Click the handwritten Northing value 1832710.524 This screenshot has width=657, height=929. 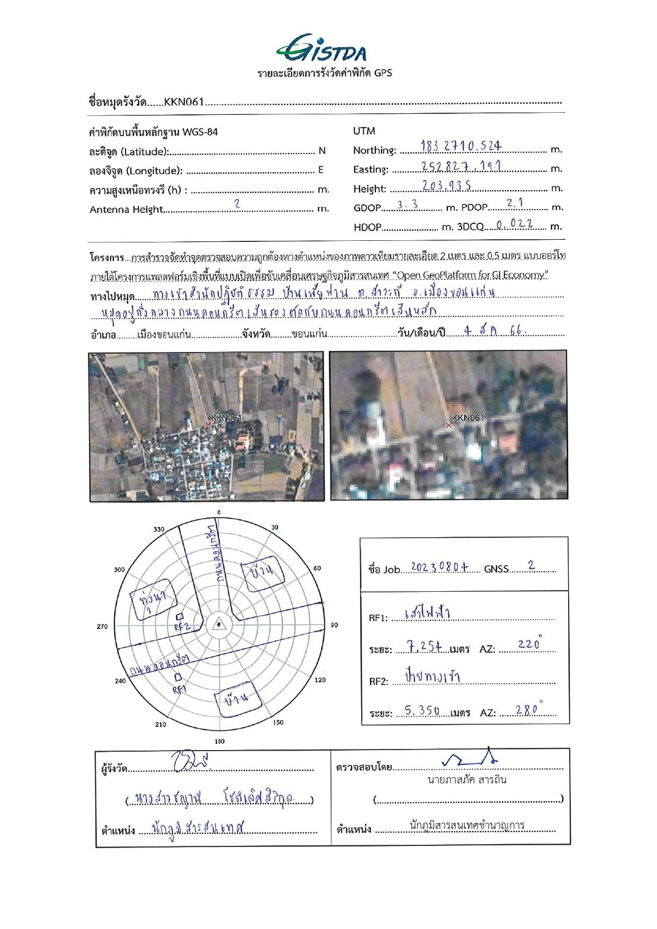point(461,146)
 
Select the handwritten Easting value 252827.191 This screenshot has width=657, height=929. point(461,166)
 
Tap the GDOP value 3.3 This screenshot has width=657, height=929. point(408,205)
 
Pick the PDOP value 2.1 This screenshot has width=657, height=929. point(515,203)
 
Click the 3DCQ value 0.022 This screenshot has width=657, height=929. point(514,224)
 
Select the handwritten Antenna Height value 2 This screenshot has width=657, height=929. point(237,204)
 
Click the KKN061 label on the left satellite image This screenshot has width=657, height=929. point(226,418)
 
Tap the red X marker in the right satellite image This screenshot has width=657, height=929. point(449,425)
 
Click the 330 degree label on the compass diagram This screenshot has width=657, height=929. point(159,529)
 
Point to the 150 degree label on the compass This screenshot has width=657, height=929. point(278,722)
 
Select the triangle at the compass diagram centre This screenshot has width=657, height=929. point(219,625)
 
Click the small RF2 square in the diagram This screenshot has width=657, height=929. point(179,616)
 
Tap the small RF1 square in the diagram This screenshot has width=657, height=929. point(178,677)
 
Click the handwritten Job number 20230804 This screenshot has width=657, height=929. point(439,567)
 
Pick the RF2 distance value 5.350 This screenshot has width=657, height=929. point(422,711)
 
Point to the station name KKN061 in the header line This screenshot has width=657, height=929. point(184,102)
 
